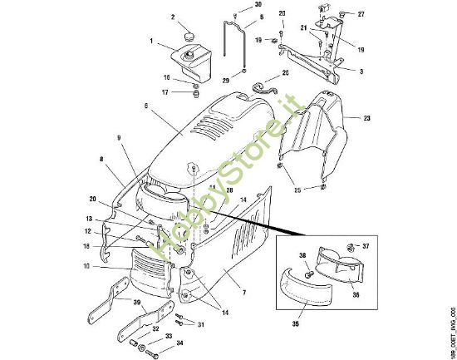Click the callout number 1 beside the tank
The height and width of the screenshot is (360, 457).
click(x=152, y=42)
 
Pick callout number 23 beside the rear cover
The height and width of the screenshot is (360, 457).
click(x=366, y=119)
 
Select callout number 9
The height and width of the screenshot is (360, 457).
click(x=119, y=137)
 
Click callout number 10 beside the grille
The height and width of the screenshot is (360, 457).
click(x=107, y=266)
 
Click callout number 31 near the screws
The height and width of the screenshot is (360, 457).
click(x=200, y=323)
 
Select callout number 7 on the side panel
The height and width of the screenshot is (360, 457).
click(x=243, y=294)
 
